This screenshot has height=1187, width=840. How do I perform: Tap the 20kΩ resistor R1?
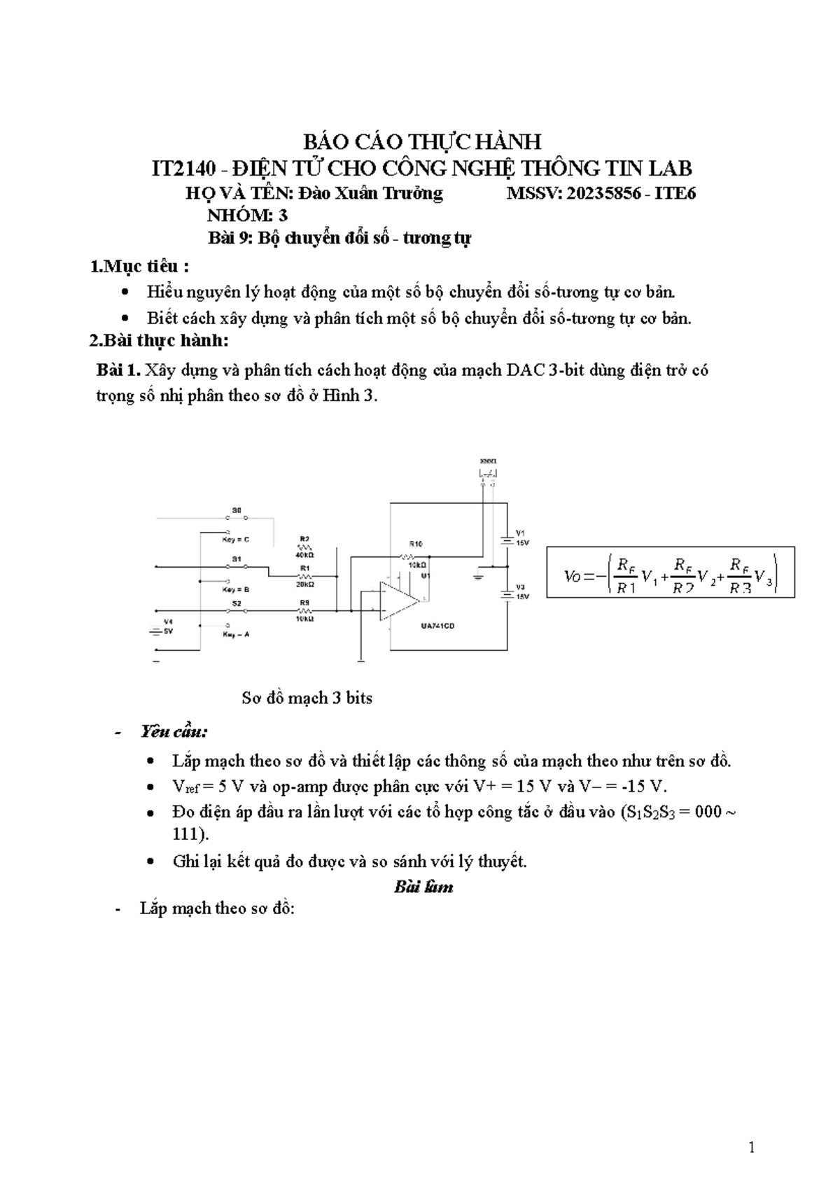[x=304, y=575]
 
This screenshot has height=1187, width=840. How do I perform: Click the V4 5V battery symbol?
[x=156, y=631]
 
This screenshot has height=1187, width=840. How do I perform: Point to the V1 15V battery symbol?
[x=505, y=539]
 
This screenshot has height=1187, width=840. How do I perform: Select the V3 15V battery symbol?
[x=505, y=594]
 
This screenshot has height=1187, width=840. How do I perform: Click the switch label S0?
[x=237, y=511]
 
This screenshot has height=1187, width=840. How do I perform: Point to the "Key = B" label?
[x=236, y=589]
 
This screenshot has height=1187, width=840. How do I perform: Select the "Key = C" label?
[x=236, y=540]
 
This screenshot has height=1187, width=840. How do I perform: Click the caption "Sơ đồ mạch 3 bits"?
[x=307, y=698]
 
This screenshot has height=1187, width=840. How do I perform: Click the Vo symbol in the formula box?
[x=573, y=577]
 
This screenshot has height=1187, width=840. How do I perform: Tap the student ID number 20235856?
[x=603, y=193]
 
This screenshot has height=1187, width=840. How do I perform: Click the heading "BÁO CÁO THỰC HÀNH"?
[x=421, y=142]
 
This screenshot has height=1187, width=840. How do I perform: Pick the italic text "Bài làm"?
[x=423, y=887]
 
